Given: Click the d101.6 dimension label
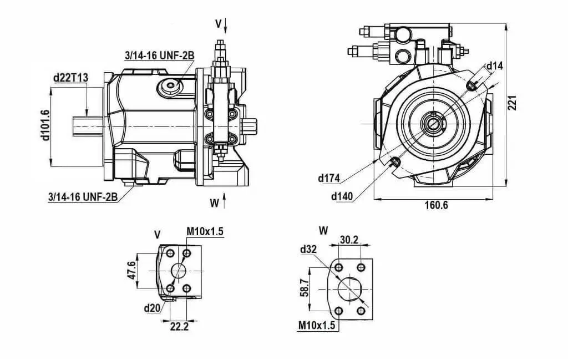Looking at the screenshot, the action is [45, 125].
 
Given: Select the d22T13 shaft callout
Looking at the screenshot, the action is [70, 78].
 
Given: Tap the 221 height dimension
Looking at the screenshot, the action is [511, 103].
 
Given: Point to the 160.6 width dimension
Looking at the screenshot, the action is [436, 205].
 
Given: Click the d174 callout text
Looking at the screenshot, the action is [329, 178].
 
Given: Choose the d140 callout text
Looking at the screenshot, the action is [342, 197].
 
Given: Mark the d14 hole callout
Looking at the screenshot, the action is [494, 66].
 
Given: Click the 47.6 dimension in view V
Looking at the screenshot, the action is [132, 270].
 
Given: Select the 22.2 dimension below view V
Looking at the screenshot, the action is [180, 327].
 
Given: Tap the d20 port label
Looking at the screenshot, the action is [152, 308].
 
